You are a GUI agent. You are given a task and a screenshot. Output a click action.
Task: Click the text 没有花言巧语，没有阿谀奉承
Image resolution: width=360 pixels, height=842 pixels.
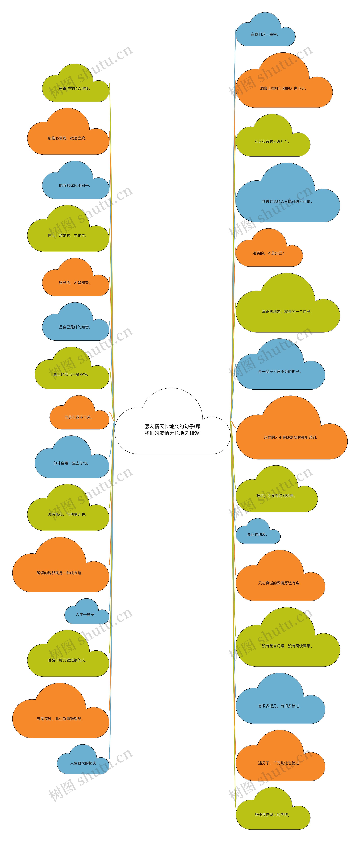[287, 646]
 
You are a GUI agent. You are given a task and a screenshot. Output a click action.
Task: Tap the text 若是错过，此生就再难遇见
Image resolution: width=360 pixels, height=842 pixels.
[60, 719]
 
